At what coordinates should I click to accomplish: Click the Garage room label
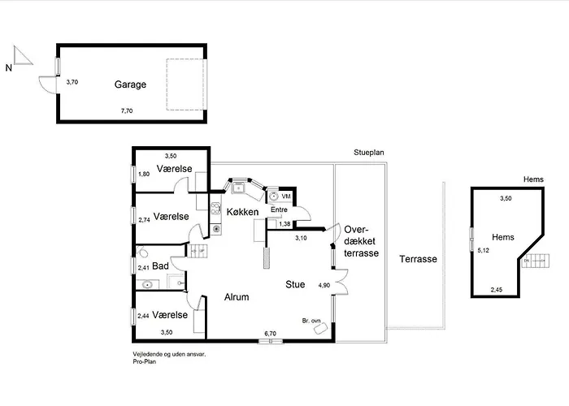130,84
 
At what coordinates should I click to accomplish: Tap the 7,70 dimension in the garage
127,111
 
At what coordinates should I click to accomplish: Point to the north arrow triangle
23,55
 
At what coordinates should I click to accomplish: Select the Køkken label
242,212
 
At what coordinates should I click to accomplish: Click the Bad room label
160,266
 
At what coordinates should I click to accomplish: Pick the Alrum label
237,297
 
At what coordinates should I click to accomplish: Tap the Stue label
295,284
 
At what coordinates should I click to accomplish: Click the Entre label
279,209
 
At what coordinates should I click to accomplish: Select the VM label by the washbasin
286,197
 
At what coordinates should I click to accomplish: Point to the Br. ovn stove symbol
321,328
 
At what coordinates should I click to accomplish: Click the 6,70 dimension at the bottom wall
271,334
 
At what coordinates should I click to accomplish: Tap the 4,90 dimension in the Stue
324,285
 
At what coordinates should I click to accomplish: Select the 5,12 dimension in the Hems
483,250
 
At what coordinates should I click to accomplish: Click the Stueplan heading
369,153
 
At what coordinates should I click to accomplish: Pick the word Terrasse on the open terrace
418,259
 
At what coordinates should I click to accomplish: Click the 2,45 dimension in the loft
497,290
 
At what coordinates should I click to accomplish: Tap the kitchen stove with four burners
215,208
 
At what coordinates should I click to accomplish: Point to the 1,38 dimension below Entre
284,224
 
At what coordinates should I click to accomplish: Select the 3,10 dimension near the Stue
301,238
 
